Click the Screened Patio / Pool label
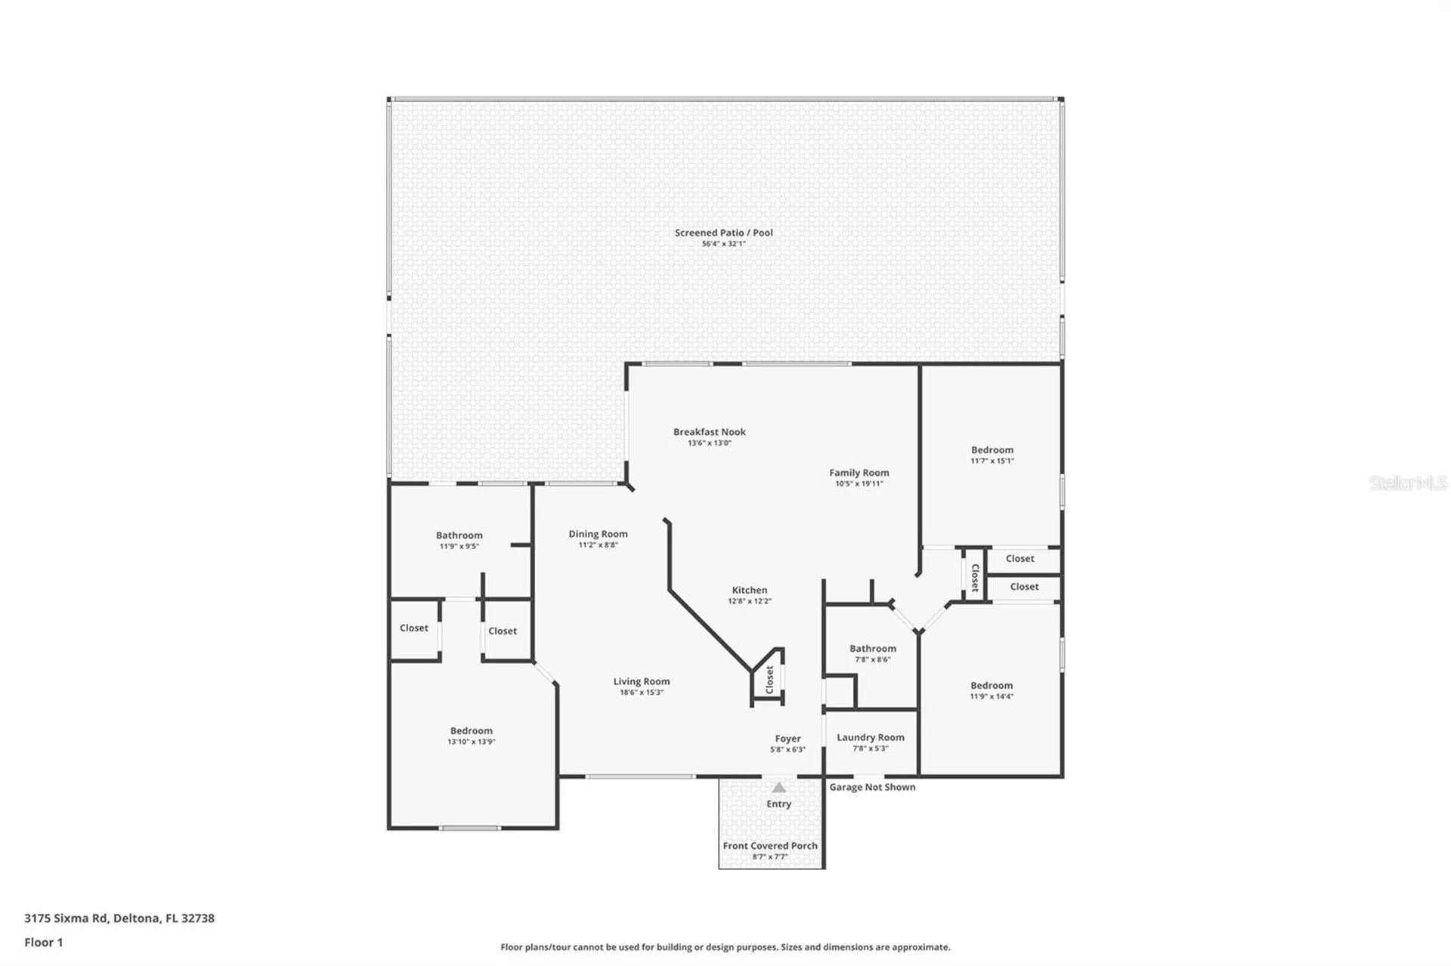click(723, 233)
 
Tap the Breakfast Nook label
click(709, 432)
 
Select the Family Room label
click(859, 473)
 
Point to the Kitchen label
click(749, 591)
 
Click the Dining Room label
click(598, 534)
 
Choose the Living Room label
click(641, 681)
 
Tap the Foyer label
click(787, 739)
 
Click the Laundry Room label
click(870, 737)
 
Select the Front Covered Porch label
click(770, 846)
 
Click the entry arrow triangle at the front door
click(778, 788)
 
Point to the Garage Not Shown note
click(872, 787)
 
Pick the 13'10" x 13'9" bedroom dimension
click(471, 742)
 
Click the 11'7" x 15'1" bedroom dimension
click(992, 461)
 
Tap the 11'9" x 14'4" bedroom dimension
click(992, 696)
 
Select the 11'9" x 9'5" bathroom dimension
click(459, 546)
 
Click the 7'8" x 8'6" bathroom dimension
click(873, 659)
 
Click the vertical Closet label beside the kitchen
click(769, 679)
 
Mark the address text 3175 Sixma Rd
click(67, 918)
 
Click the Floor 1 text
click(43, 943)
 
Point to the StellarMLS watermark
click(1409, 483)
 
